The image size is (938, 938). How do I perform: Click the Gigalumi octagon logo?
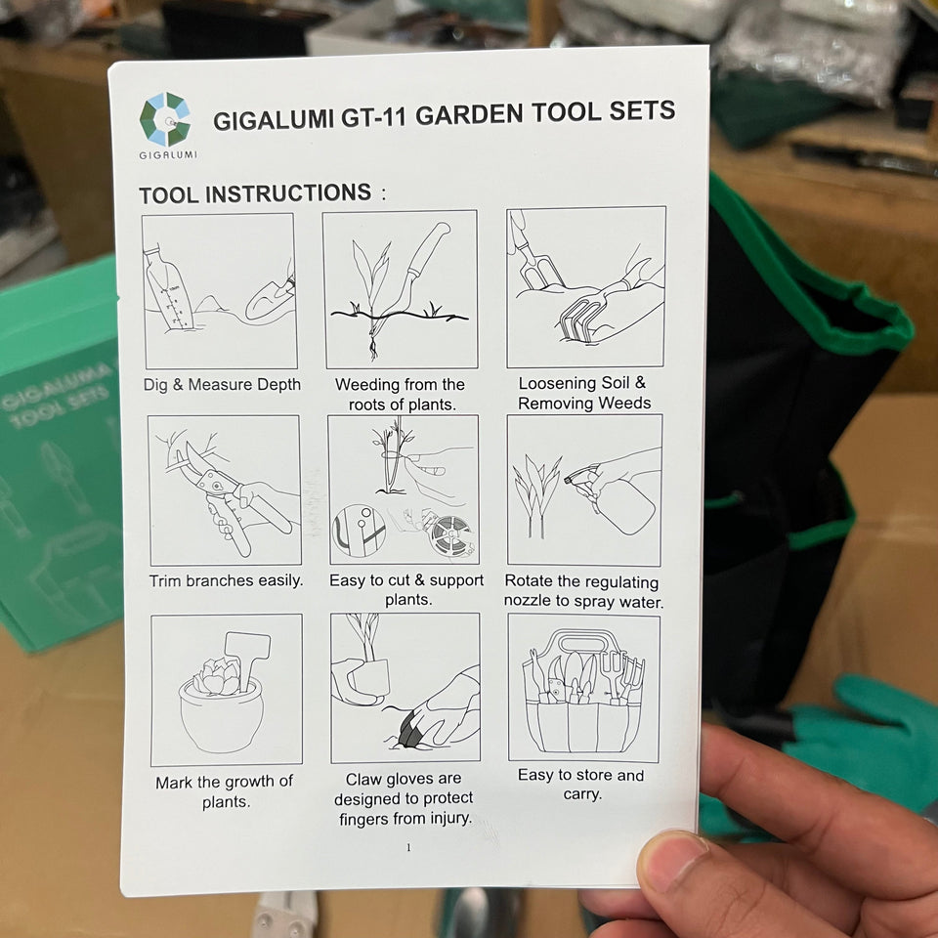pos(165,119)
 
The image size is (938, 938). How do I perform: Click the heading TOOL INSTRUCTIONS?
pos(255,193)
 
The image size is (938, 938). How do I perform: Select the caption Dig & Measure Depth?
pos(222,384)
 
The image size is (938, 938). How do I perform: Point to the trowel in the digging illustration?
pos(271,297)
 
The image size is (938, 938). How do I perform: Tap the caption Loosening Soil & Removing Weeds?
pos(584,393)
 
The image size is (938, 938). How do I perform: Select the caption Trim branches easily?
pos(226,580)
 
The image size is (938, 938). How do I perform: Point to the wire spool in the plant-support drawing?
pos(451,534)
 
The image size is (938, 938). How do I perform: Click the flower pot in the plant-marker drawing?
pos(221,714)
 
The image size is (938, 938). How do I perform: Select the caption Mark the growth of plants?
pos(225,791)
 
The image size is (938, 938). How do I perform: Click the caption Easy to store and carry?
pos(580,785)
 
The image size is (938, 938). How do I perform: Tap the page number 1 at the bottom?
pos(408,847)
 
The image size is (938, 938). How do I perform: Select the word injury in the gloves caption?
pos(449,819)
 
